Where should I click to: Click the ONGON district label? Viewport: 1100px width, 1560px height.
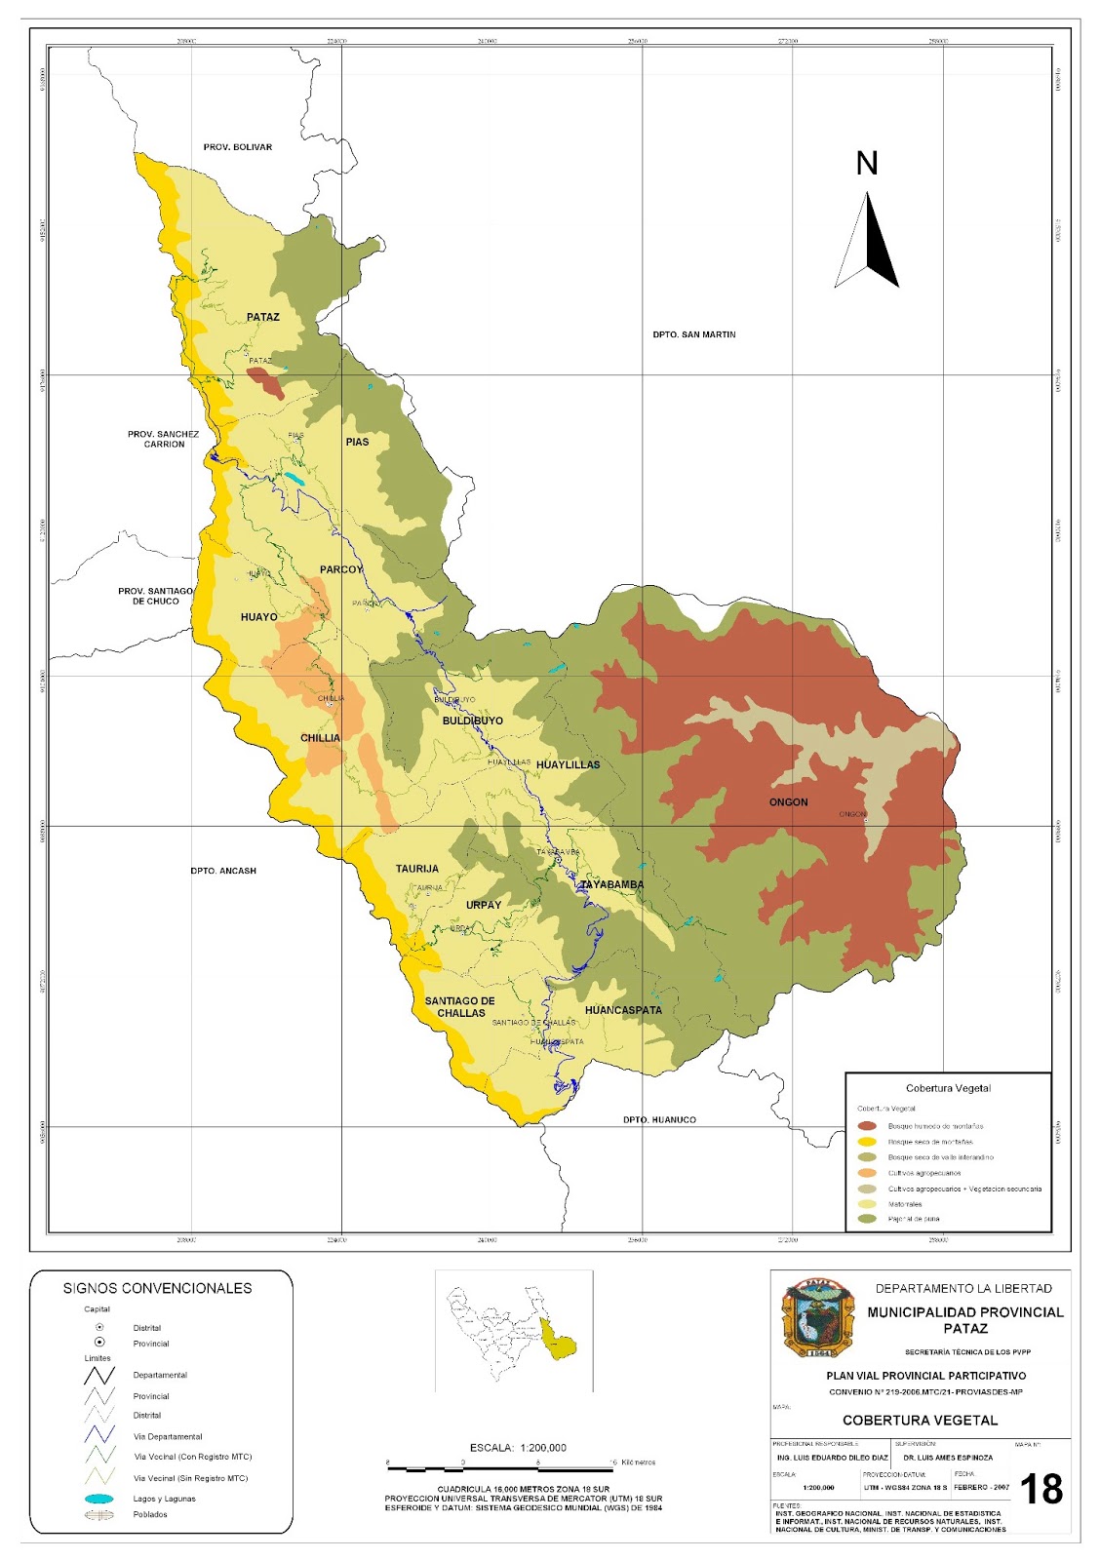(x=788, y=802)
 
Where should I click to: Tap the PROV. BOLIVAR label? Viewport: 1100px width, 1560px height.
(x=238, y=147)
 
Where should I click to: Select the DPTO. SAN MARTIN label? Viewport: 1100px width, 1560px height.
(x=694, y=334)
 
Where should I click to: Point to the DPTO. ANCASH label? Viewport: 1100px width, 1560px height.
(x=223, y=871)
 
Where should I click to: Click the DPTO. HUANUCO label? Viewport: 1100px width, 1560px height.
(x=659, y=1119)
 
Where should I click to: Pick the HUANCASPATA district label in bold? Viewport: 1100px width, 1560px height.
(x=623, y=1010)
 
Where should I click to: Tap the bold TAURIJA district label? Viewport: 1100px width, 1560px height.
(x=416, y=869)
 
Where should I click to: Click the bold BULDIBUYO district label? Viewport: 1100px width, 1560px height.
(x=473, y=721)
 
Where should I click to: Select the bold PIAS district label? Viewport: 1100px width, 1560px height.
(x=357, y=442)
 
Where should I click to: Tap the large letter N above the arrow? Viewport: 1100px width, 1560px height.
(x=867, y=164)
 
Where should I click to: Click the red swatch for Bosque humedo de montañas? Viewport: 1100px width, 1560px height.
(x=867, y=1126)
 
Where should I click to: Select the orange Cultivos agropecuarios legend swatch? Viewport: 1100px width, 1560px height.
(x=867, y=1173)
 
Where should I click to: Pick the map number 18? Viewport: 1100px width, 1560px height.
(x=1041, y=1489)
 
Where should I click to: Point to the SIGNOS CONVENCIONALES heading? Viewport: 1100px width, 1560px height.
(x=158, y=1288)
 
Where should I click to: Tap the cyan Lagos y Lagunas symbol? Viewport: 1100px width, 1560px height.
(x=99, y=1499)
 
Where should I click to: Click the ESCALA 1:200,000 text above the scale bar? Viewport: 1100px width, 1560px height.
(x=518, y=1448)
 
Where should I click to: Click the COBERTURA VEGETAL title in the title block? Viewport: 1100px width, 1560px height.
(x=920, y=1420)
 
